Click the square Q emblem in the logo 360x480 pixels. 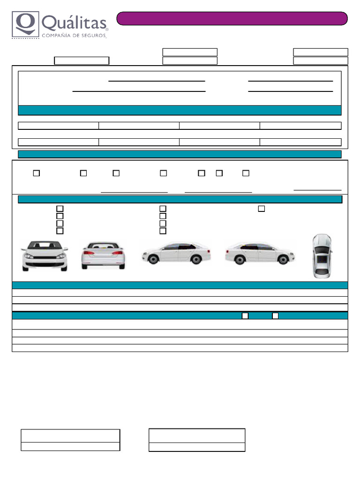[x=26, y=24]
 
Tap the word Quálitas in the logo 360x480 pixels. [x=74, y=23]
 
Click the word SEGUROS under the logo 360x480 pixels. [x=93, y=36]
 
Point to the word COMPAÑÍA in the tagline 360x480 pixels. [x=58, y=36]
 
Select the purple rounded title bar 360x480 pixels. [x=232, y=18]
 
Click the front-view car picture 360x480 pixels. [x=45, y=255]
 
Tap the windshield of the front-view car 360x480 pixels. [x=45, y=246]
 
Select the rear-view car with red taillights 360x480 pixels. [x=103, y=255]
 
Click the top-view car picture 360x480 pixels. [x=322, y=256]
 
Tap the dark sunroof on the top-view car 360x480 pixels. [x=322, y=259]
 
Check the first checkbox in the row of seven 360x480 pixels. [x=37, y=173]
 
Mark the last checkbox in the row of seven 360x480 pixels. [x=246, y=173]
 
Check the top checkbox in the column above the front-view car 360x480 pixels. [x=60, y=209]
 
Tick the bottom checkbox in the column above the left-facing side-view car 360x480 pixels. [x=163, y=231]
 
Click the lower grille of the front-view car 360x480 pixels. [x=45, y=264]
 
